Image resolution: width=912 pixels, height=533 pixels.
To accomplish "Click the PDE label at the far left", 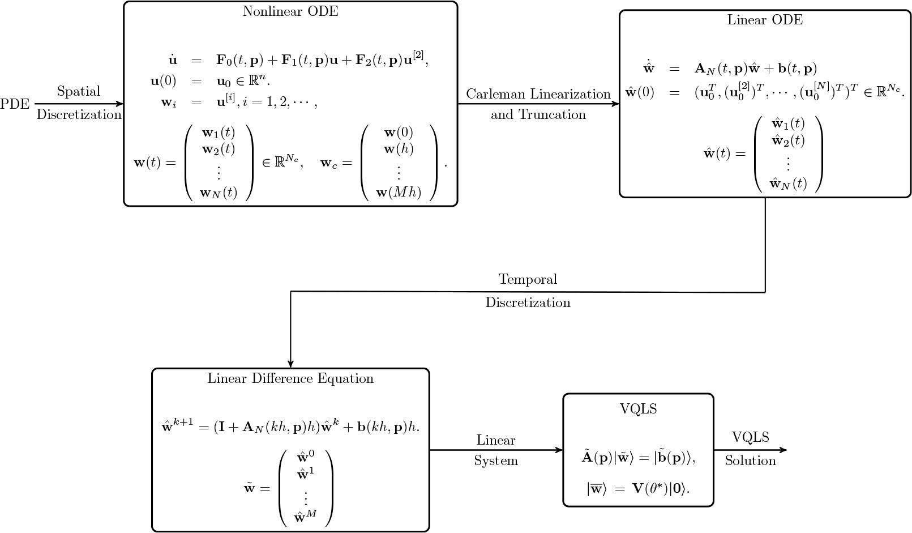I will [x=15, y=104].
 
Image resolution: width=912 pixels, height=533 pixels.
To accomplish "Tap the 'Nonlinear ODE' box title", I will [x=290, y=12].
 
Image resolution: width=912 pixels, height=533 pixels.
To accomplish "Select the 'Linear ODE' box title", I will [x=765, y=20].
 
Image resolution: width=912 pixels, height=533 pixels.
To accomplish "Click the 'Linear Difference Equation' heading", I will [x=290, y=378].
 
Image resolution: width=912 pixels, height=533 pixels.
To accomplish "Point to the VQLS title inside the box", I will [x=638, y=409].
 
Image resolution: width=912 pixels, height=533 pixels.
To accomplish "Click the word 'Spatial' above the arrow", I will [x=79, y=92].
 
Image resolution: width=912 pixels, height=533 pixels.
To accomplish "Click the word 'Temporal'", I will [x=528, y=279].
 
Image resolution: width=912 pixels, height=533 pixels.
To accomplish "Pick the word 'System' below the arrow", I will [x=496, y=461].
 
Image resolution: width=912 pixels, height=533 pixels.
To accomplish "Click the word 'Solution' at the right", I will [x=750, y=460].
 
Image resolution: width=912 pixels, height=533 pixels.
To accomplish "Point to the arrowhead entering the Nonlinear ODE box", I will [x=120, y=104].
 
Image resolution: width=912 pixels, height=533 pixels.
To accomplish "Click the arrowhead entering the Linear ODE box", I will [x=616, y=104].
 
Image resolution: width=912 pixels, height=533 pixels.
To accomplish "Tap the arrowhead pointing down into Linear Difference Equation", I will [x=290, y=364].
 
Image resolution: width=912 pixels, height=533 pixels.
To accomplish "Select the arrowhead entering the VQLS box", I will [x=559, y=450].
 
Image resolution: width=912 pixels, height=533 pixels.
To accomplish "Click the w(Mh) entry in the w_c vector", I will [x=399, y=192].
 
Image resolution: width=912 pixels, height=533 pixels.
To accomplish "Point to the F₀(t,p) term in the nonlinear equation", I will [x=239, y=60].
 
